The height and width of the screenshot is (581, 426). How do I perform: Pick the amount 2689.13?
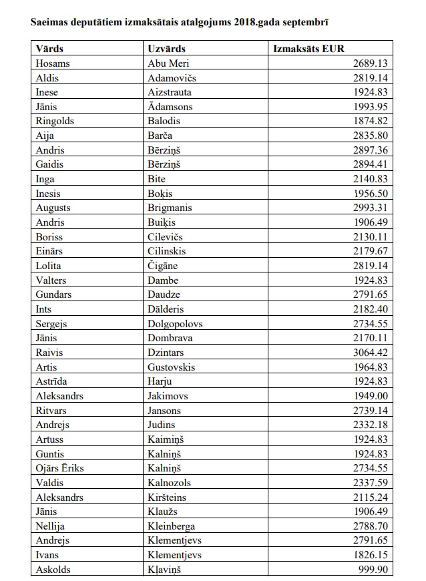tap(372, 63)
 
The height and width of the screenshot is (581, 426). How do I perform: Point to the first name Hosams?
tap(53, 63)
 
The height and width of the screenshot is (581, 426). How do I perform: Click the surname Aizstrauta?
tap(170, 92)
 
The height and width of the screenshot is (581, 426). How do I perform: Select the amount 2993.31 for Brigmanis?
tap(372, 208)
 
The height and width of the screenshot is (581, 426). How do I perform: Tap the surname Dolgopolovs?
tap(175, 323)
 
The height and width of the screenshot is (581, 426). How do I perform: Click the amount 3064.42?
tap(372, 353)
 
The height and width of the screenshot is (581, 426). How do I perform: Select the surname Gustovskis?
tap(172, 367)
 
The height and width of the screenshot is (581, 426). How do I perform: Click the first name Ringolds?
tap(55, 121)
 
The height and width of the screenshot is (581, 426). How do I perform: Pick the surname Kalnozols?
tap(169, 483)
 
